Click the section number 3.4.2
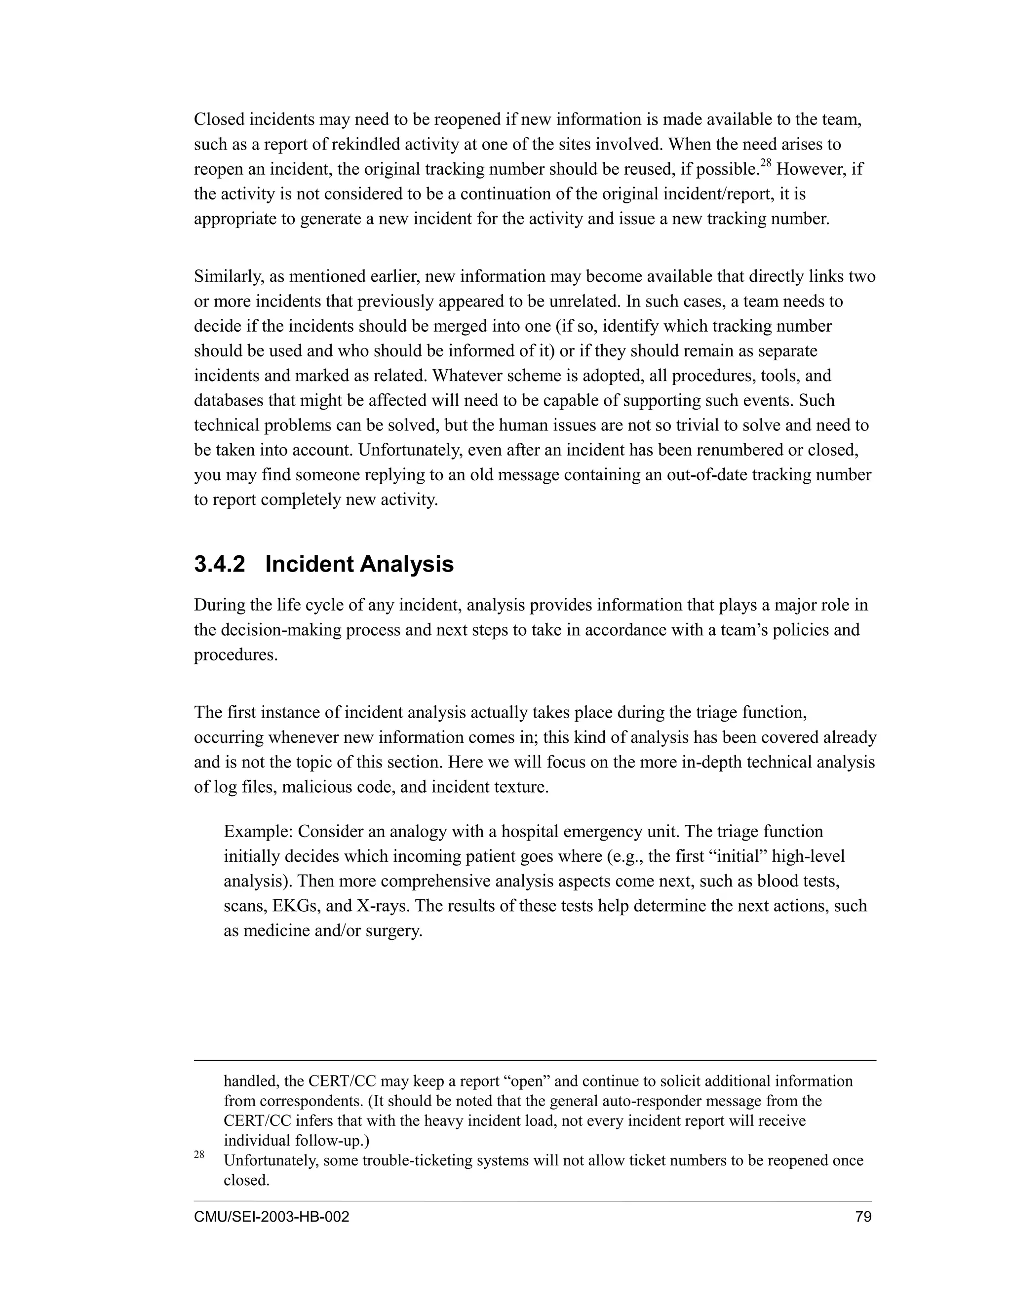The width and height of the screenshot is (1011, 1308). coord(219,565)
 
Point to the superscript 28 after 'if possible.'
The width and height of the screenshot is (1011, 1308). coord(766,163)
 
